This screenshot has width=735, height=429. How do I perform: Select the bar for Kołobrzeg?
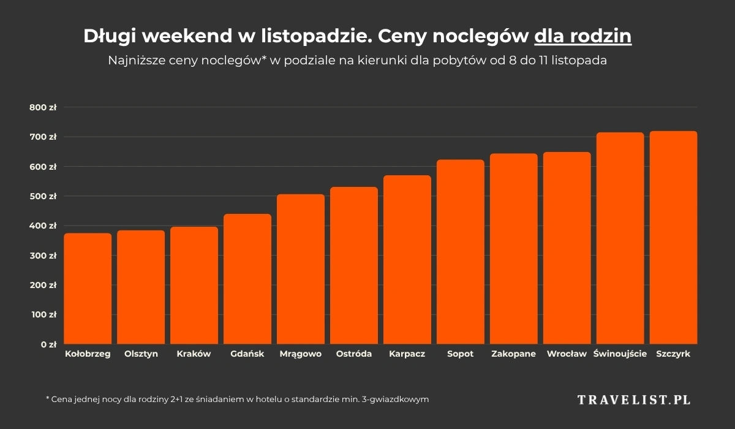(88, 289)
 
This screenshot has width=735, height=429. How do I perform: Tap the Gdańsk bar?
(247, 279)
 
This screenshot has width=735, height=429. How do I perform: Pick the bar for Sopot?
(461, 252)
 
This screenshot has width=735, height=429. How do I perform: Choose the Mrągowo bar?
(301, 269)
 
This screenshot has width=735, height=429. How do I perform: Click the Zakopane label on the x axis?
(513, 354)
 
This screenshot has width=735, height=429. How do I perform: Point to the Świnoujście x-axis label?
(620, 354)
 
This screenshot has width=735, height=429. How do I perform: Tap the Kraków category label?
(194, 354)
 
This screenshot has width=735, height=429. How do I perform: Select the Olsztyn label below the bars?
(141, 354)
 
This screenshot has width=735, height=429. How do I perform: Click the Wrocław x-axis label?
(567, 354)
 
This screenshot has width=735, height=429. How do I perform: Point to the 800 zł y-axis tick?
(43, 107)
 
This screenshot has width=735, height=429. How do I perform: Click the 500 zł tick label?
(43, 196)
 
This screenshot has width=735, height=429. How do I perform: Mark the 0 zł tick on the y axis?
(48, 344)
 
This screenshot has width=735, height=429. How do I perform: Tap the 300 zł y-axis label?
(43, 256)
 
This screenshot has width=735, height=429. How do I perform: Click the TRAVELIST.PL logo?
(634, 400)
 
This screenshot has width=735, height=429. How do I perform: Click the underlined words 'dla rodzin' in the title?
(582, 37)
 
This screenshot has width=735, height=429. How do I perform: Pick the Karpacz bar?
(407, 260)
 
